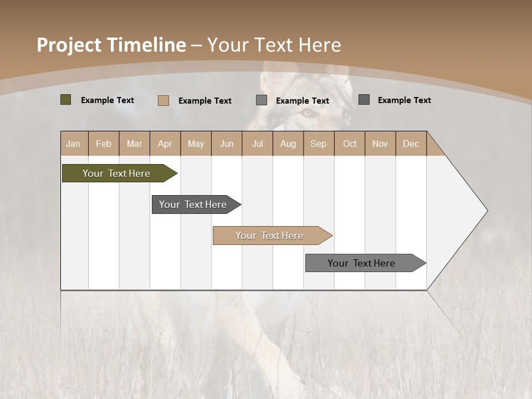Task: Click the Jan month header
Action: pos(73,144)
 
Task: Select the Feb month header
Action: pos(104,144)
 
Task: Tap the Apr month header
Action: pos(165,144)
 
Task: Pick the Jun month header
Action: pos(227,144)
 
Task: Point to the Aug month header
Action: pos(288,144)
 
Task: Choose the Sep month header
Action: pos(318,144)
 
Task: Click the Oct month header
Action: pos(350,144)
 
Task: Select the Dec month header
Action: pos(411,144)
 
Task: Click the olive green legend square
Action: pos(65,100)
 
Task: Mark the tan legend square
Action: pos(163,100)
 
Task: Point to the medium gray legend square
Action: pos(262,100)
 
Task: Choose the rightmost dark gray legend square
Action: pos(364,100)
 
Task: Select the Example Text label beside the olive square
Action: pos(108,100)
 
